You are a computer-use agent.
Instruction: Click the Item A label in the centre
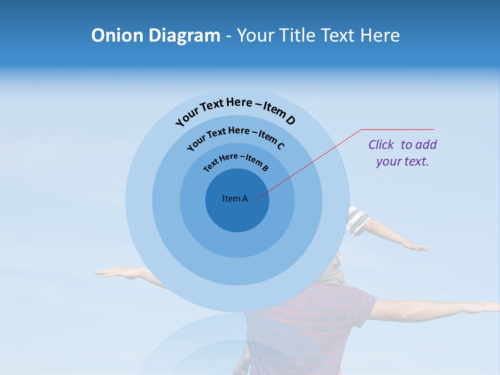coord(235,198)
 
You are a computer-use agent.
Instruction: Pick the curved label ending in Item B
coord(236,161)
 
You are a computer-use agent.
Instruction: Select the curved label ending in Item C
coord(235,136)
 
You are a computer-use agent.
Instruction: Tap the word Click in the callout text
coord(381,145)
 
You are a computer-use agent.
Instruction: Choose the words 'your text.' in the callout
coord(402,161)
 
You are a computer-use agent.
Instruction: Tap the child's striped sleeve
coord(358,220)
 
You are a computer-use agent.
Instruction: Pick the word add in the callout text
coord(427,145)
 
